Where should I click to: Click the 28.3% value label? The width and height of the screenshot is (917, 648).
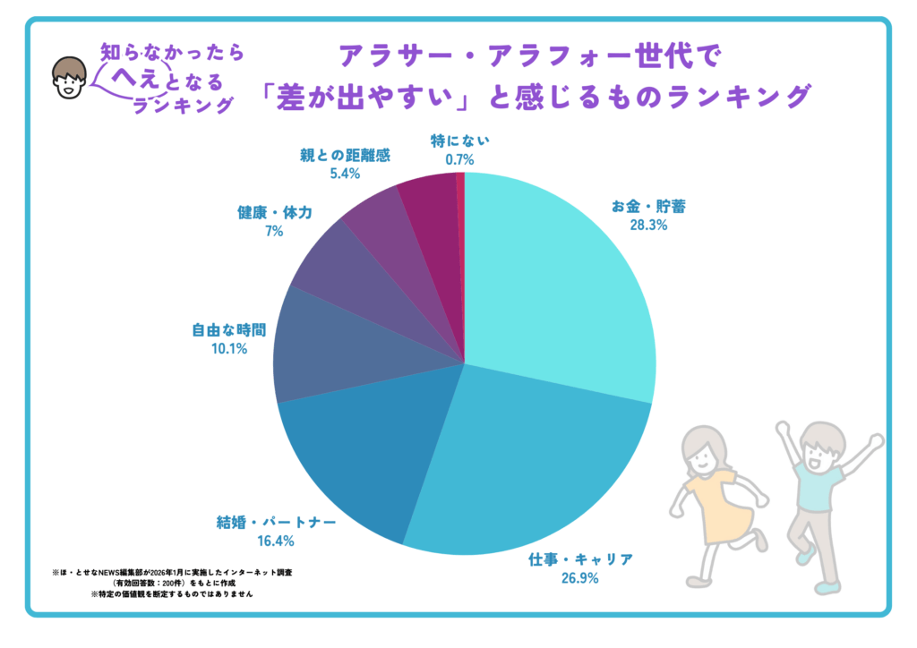(x=648, y=226)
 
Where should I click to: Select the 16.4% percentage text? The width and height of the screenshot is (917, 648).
(x=273, y=541)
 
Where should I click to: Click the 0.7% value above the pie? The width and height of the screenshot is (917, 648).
(x=458, y=159)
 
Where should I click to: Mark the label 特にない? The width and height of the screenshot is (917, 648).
(x=459, y=141)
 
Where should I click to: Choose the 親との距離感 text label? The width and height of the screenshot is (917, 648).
(x=345, y=155)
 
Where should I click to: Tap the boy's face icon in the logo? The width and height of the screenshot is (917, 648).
(x=68, y=79)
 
